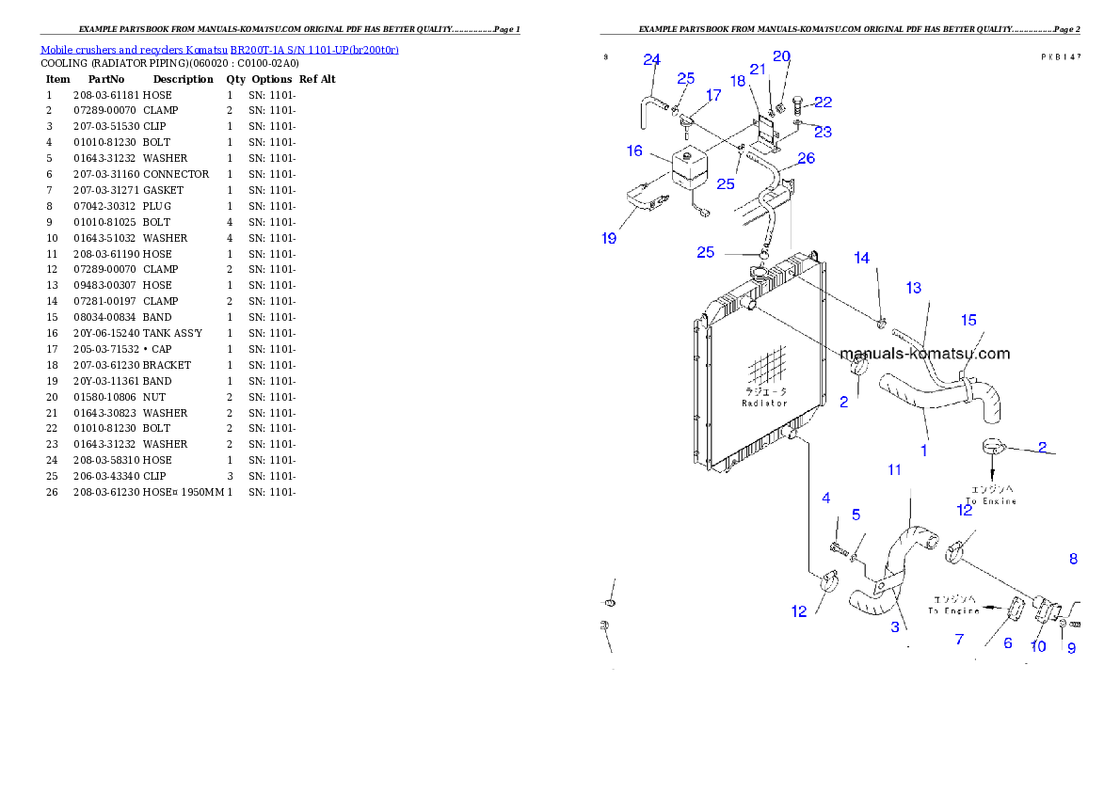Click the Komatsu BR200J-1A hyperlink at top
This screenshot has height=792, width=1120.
219,50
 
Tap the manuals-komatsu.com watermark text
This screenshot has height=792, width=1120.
924,354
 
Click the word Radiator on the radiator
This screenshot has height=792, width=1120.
764,403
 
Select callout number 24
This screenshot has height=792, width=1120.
651,60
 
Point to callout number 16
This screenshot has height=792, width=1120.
634,150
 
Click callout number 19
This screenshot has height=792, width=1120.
609,238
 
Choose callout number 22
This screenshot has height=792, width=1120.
823,102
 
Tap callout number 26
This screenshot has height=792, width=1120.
807,158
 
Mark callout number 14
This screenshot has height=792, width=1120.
861,258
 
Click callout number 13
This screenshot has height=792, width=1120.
913,288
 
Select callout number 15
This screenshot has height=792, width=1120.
968,321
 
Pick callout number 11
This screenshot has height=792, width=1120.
894,469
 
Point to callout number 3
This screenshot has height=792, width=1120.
894,627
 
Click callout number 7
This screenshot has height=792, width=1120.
959,640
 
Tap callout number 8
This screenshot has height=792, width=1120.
1073,559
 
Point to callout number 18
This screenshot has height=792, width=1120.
738,81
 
